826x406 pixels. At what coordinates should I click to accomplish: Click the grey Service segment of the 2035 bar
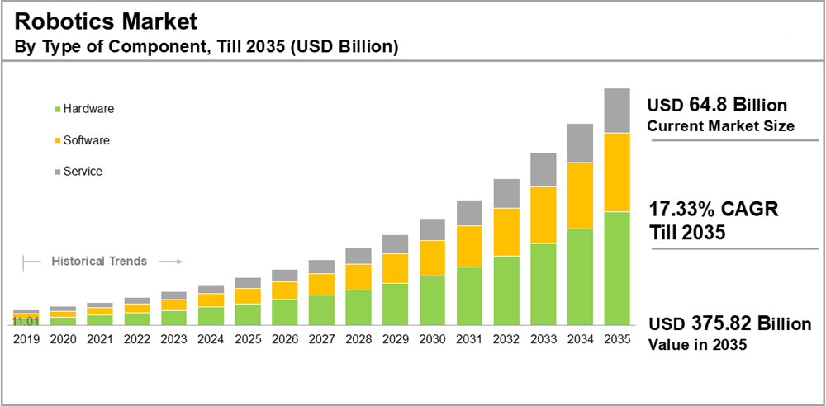pyautogui.click(x=617, y=111)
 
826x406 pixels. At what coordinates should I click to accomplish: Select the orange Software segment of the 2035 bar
pyautogui.click(x=617, y=172)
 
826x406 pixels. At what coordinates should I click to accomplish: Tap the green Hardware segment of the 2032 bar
pyautogui.click(x=506, y=291)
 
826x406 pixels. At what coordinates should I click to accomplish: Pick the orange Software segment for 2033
pyautogui.click(x=543, y=215)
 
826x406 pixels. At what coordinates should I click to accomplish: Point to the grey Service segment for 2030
pyautogui.click(x=432, y=229)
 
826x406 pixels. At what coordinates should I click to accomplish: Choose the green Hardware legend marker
pyautogui.click(x=57, y=109)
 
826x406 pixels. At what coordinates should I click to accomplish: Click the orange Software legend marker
pyautogui.click(x=57, y=140)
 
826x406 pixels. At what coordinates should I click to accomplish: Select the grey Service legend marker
pyautogui.click(x=57, y=172)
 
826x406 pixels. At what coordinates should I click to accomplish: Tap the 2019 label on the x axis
pyautogui.click(x=26, y=338)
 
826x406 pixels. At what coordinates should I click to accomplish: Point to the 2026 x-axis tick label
pyautogui.click(x=284, y=338)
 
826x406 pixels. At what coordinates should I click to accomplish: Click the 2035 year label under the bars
pyautogui.click(x=617, y=338)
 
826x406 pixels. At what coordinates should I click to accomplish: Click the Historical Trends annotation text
pyautogui.click(x=99, y=262)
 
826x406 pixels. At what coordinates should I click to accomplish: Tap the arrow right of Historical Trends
pyautogui.click(x=169, y=262)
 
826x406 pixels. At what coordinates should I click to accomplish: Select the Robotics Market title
pyautogui.click(x=106, y=22)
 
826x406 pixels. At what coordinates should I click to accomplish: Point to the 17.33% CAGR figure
pyautogui.click(x=682, y=210)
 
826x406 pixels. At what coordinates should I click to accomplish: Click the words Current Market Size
pyautogui.click(x=720, y=126)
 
